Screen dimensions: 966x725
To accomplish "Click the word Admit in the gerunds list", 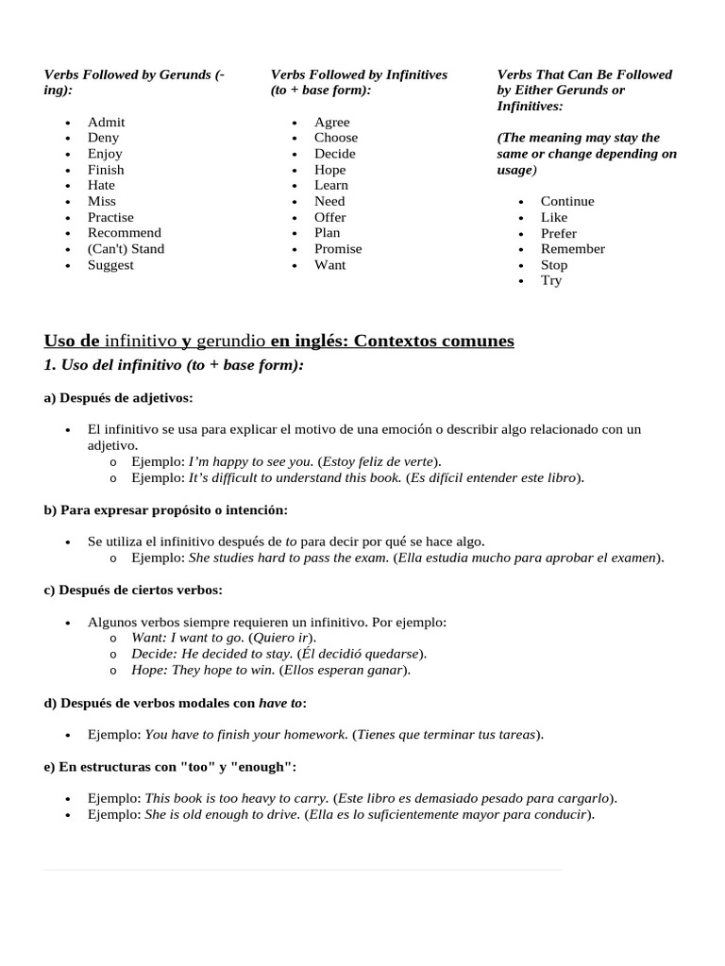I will pyautogui.click(x=106, y=122).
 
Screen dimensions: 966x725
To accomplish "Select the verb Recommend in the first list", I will pyautogui.click(x=124, y=233).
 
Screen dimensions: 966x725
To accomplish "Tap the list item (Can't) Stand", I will pyautogui.click(x=126, y=249).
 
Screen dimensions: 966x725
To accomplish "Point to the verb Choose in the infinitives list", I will pyautogui.click(x=336, y=138).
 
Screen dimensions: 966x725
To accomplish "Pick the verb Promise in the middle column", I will pyautogui.click(x=338, y=249).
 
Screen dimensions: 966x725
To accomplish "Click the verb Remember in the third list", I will pyautogui.click(x=572, y=249).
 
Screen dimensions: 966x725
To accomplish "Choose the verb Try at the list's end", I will pyautogui.click(x=551, y=281).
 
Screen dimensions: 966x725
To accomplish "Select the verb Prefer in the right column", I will pyautogui.click(x=558, y=233).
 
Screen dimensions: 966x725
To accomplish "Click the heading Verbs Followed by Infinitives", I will pyautogui.click(x=359, y=75).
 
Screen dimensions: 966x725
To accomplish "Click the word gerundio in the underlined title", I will pyautogui.click(x=231, y=341).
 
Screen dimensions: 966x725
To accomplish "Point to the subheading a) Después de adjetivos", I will pyautogui.click(x=118, y=398).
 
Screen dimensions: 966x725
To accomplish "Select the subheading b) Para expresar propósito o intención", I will pyautogui.click(x=165, y=510).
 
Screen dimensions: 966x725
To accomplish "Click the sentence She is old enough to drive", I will pyautogui.click(x=222, y=814).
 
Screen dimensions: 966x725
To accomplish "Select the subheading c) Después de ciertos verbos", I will pyautogui.click(x=133, y=591).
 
